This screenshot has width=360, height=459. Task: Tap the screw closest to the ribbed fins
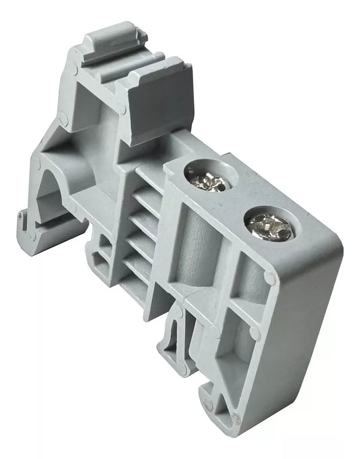207,179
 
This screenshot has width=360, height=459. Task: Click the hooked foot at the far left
27,226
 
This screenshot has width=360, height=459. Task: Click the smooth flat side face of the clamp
297,337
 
